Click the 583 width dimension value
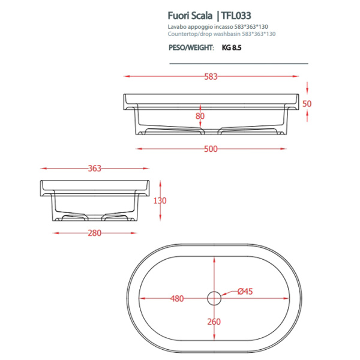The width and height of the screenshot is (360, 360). [210, 76]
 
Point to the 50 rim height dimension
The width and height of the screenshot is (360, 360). [307, 103]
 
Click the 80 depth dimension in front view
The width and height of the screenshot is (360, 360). [200, 116]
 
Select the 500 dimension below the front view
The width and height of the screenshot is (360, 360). [210, 149]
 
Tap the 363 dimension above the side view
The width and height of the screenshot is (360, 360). [94, 168]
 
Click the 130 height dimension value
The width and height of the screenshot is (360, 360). [159, 200]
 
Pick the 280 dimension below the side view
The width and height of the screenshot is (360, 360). [94, 233]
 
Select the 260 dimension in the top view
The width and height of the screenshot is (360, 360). [215, 322]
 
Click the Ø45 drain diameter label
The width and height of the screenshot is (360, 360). [244, 291]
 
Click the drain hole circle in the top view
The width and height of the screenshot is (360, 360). [215, 298]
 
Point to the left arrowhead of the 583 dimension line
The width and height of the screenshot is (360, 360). [126, 76]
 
